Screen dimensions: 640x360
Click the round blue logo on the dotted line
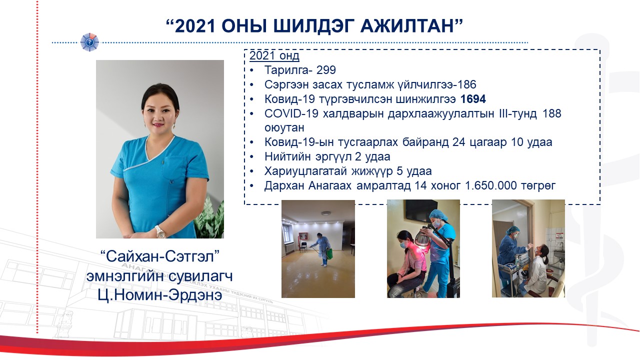89,42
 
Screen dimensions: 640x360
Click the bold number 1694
473,99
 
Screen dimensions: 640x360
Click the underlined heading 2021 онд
274,55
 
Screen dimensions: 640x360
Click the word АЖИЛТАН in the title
407,26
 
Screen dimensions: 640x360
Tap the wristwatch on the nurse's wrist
160,231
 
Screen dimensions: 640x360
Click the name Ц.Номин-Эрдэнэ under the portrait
159,295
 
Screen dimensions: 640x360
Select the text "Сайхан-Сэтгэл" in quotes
159,256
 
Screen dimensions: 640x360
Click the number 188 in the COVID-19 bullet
551,113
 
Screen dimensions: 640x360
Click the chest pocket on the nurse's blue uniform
173,168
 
